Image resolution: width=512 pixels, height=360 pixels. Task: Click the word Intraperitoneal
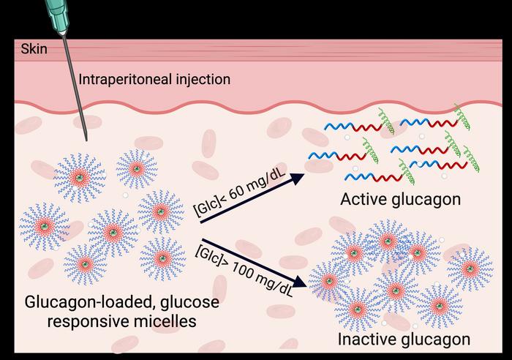113,79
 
